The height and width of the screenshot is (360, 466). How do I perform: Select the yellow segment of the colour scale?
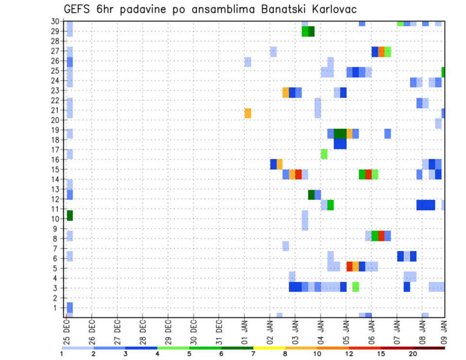[x=269, y=348]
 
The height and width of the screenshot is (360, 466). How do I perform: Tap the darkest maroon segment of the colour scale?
[x=429, y=348]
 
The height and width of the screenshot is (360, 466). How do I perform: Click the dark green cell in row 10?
[x=69, y=215]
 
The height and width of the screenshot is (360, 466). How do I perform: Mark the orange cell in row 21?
[x=248, y=113]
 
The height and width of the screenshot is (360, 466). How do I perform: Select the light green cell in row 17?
[x=324, y=154]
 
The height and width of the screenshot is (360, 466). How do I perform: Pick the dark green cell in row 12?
[x=311, y=195]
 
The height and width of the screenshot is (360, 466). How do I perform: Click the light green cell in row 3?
[x=355, y=287]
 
